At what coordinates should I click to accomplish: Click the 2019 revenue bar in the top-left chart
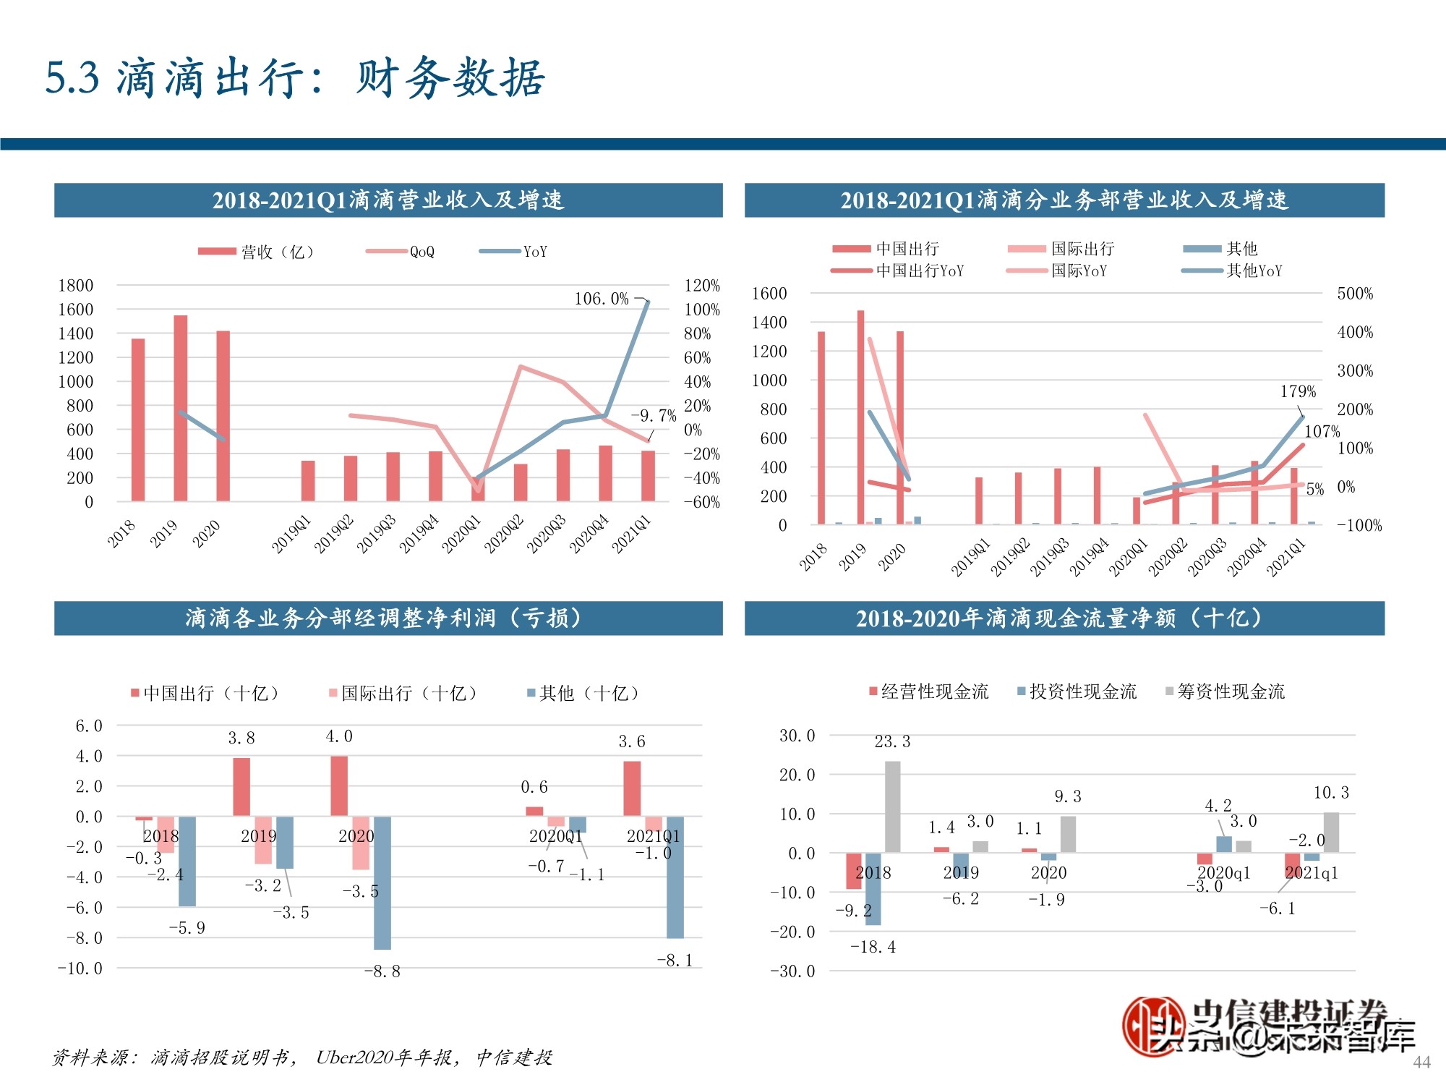(x=180, y=408)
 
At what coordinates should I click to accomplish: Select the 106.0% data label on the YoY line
(x=602, y=299)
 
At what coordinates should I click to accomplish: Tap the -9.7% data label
(x=654, y=416)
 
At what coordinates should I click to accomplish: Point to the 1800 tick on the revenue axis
(x=76, y=285)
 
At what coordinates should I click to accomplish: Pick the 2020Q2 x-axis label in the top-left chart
(x=503, y=535)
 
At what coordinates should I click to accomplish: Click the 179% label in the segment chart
(x=1298, y=391)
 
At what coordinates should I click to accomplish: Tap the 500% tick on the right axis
(x=1355, y=294)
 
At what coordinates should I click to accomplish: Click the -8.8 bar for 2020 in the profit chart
(x=382, y=882)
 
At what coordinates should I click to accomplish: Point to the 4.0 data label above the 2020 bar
(x=339, y=736)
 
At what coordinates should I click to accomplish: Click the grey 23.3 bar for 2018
(x=893, y=807)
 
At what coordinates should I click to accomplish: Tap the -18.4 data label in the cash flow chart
(x=873, y=947)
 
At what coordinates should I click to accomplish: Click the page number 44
(x=1421, y=1062)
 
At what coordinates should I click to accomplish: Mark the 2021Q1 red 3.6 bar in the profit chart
(x=632, y=788)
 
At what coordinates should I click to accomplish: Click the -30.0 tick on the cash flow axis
(x=792, y=971)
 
